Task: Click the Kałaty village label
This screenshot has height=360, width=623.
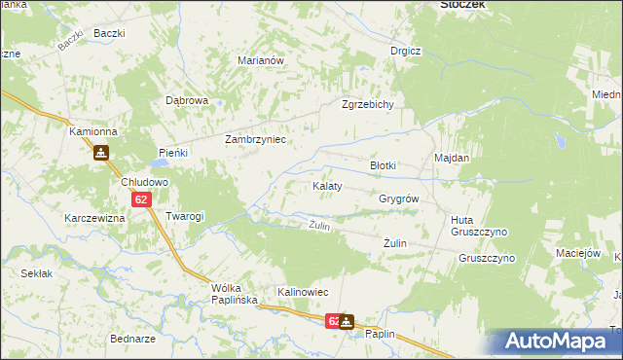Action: (326, 186)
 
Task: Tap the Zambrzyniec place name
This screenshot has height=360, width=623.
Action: (254, 139)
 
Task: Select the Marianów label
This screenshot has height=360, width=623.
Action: (261, 60)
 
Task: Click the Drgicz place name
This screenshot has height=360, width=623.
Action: (405, 51)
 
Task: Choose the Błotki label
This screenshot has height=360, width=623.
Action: (383, 165)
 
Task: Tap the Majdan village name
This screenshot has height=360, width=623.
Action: (452, 158)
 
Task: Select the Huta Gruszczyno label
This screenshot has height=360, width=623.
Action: (474, 227)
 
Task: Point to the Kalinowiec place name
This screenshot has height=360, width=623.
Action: (303, 292)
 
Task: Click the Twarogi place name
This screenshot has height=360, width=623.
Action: (184, 216)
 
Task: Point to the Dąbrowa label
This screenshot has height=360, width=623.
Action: (187, 100)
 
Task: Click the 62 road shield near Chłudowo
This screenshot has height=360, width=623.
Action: (142, 200)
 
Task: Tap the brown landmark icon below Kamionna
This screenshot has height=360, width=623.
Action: (100, 153)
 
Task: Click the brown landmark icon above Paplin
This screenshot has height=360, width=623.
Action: (347, 320)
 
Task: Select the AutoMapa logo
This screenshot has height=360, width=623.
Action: (560, 342)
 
